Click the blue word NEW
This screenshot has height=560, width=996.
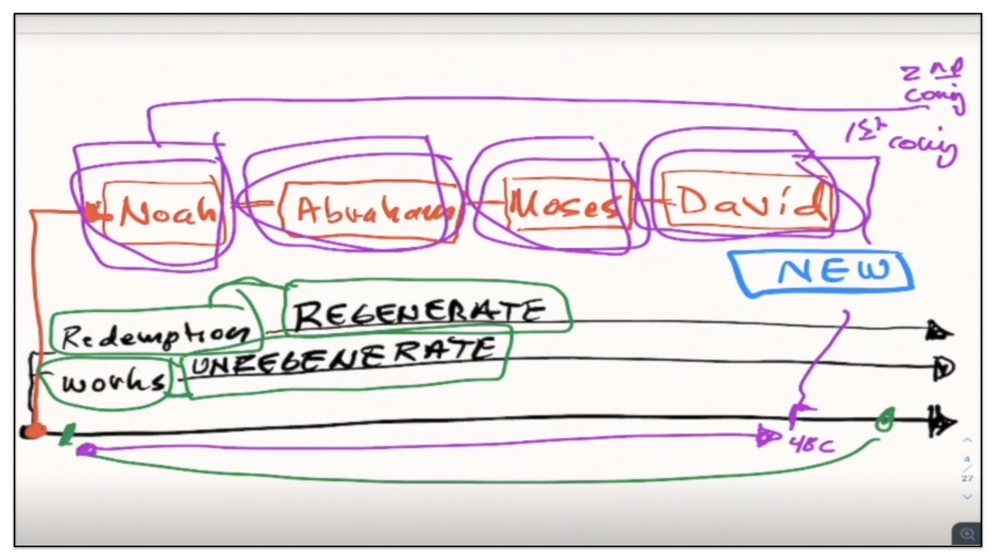[833, 271]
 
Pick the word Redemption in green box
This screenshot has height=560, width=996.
[155, 335]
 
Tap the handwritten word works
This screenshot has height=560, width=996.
[113, 382]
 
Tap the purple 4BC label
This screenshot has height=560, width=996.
[812, 444]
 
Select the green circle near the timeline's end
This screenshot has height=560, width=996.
[885, 419]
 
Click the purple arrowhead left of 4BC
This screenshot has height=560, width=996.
[767, 436]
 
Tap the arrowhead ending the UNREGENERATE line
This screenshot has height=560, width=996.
[944, 369]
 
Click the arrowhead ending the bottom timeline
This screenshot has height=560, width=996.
[942, 422]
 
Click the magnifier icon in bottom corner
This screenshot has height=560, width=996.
[967, 534]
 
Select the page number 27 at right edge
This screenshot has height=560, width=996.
[967, 478]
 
